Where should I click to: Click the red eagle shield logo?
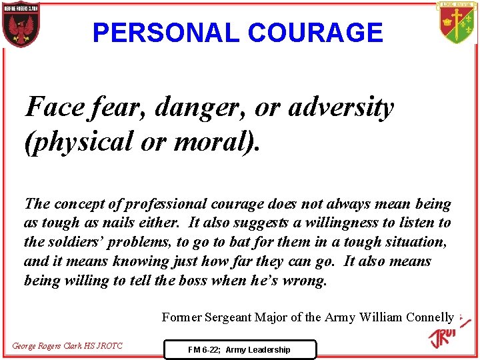pyautogui.click(x=21, y=25)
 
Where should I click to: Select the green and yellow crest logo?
pyautogui.click(x=457, y=24)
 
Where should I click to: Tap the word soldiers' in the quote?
pyautogui.click(x=77, y=242)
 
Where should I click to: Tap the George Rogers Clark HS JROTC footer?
pyautogui.click(x=67, y=346)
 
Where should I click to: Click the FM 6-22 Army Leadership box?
pyautogui.click(x=239, y=349)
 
